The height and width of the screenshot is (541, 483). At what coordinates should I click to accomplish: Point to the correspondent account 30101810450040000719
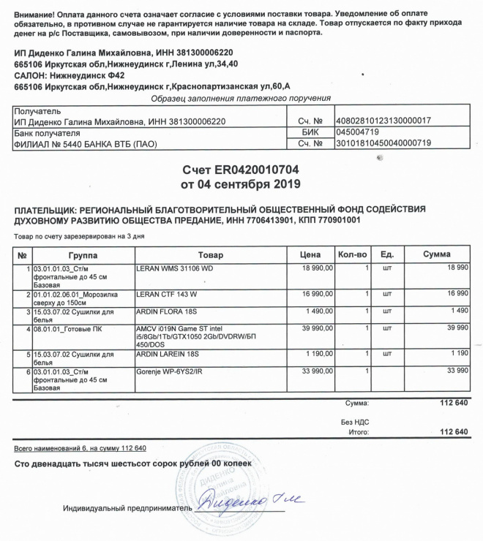click(382, 143)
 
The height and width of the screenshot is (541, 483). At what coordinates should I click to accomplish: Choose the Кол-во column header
click(351, 254)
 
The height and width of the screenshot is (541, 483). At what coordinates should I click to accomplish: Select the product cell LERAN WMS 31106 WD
click(174, 269)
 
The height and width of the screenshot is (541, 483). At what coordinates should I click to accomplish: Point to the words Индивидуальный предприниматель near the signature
click(126, 508)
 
